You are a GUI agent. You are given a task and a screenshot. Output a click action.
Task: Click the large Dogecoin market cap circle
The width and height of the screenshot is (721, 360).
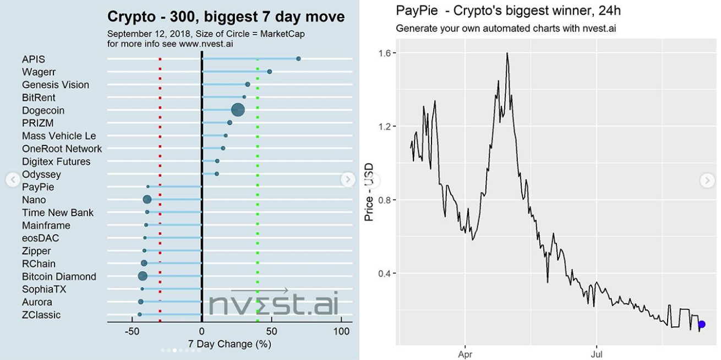pyautogui.click(x=238, y=110)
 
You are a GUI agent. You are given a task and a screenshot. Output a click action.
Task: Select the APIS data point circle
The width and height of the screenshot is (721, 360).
pyautogui.click(x=298, y=58)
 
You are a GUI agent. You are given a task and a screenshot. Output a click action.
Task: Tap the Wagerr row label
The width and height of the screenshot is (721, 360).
pyautogui.click(x=39, y=72)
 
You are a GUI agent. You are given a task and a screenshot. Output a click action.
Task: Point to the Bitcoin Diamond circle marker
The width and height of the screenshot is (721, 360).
pyautogui.click(x=143, y=276)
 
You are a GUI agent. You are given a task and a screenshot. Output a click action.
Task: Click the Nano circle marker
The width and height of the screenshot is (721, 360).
pyautogui.click(x=147, y=200)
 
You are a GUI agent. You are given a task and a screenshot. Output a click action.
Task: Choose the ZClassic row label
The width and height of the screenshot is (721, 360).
pyautogui.click(x=41, y=315)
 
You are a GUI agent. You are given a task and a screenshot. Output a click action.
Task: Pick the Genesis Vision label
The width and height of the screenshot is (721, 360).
pyautogui.click(x=55, y=85)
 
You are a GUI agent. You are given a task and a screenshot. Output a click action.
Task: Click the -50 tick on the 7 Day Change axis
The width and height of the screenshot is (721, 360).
pyautogui.click(x=132, y=332)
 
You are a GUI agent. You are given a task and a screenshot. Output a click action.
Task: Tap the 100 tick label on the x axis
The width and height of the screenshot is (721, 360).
pyautogui.click(x=341, y=332)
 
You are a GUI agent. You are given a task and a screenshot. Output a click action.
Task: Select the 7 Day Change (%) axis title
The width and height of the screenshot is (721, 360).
pyautogui.click(x=230, y=344)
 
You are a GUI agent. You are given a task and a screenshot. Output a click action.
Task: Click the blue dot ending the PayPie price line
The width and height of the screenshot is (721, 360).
pyautogui.click(x=702, y=325)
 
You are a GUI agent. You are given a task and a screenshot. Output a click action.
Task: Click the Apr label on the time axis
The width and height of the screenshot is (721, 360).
pyautogui.click(x=465, y=354)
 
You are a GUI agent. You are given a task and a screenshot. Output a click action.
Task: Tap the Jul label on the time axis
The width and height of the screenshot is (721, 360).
pyautogui.click(x=596, y=354)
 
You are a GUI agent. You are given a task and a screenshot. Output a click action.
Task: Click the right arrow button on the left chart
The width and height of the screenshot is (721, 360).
pyautogui.click(x=347, y=179)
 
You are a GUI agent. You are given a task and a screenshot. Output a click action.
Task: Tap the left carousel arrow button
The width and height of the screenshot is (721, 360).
pyautogui.click(x=13, y=179)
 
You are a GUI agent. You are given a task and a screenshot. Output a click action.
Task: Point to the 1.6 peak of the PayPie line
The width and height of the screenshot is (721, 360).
pyautogui.click(x=507, y=53)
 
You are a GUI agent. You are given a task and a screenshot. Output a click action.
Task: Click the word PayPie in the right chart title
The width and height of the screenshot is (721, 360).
pyautogui.click(x=412, y=10)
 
